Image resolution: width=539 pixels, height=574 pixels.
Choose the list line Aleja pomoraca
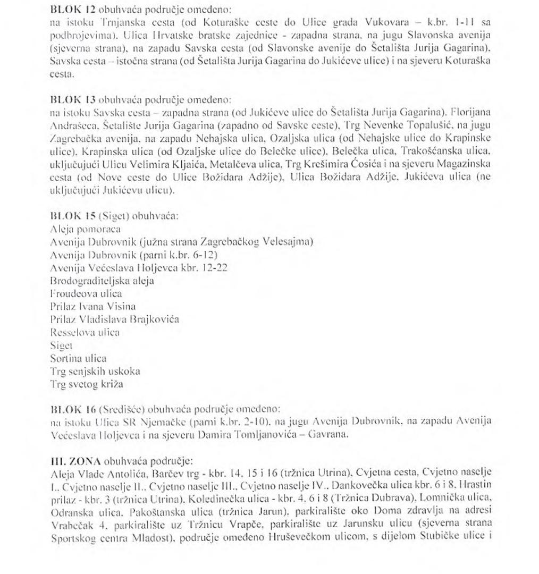point(85,230)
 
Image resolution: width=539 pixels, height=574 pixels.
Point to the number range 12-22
point(215,268)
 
